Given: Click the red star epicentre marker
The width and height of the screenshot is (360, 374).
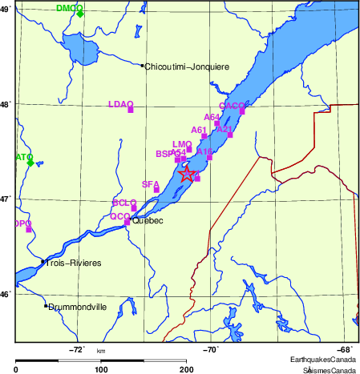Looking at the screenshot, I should (x=186, y=174).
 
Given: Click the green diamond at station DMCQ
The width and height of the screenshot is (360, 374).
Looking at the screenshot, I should (x=80, y=14).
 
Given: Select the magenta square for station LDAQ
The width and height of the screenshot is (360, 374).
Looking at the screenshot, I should (x=130, y=110).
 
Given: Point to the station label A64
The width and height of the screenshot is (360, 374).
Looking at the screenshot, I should (x=212, y=117).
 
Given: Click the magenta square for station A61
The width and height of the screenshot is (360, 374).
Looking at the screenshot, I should (x=204, y=136).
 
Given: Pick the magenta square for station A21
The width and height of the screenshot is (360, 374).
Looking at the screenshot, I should (x=230, y=135).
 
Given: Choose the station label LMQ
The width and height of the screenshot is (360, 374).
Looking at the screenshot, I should (x=182, y=143).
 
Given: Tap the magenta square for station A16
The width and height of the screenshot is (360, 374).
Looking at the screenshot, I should (x=209, y=158).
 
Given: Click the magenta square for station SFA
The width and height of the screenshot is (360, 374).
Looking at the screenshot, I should (x=157, y=190).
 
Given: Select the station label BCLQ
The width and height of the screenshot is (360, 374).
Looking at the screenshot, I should (x=124, y=203).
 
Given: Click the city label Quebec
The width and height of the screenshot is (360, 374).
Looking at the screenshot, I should (x=148, y=220).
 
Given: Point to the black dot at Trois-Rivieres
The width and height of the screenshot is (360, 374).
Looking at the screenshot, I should (x=42, y=261).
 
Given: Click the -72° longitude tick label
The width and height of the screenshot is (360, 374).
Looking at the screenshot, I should (x=77, y=349).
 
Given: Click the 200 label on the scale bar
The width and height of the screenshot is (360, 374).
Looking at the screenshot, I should (x=187, y=369).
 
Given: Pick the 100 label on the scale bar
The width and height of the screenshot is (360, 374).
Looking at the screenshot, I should (x=102, y=369).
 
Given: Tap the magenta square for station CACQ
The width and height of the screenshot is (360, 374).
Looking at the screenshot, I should (x=241, y=111).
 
